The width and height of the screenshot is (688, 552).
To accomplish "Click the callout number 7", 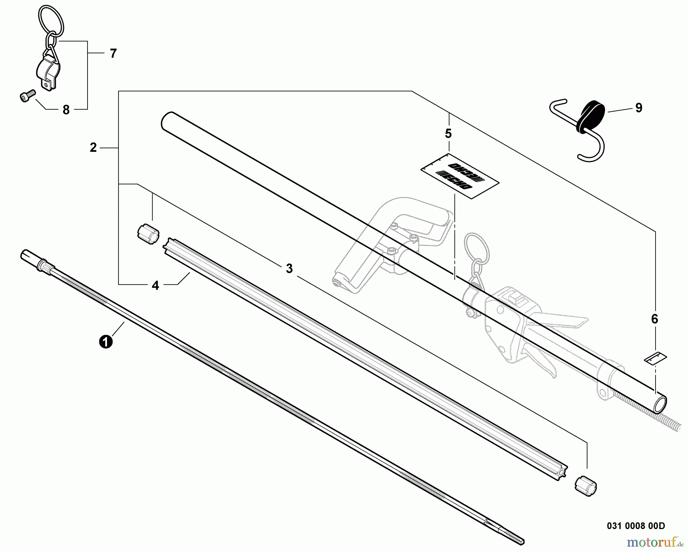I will (x=113, y=54).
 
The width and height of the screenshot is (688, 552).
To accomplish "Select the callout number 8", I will (x=66, y=110).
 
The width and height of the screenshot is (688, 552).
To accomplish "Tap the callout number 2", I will (x=93, y=148).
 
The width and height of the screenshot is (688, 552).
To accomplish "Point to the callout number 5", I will (x=448, y=134).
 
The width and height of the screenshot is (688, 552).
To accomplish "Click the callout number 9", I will (x=639, y=108).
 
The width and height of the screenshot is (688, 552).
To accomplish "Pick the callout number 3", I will (x=289, y=268).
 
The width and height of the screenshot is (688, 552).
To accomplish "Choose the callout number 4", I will (x=155, y=285).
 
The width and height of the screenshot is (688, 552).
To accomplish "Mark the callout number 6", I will (x=654, y=319).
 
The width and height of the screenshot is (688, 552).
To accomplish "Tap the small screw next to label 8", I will (x=27, y=95).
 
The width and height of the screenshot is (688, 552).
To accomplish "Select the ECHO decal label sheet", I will (x=460, y=175).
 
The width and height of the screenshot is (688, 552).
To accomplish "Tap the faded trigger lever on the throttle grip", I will (x=562, y=321).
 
